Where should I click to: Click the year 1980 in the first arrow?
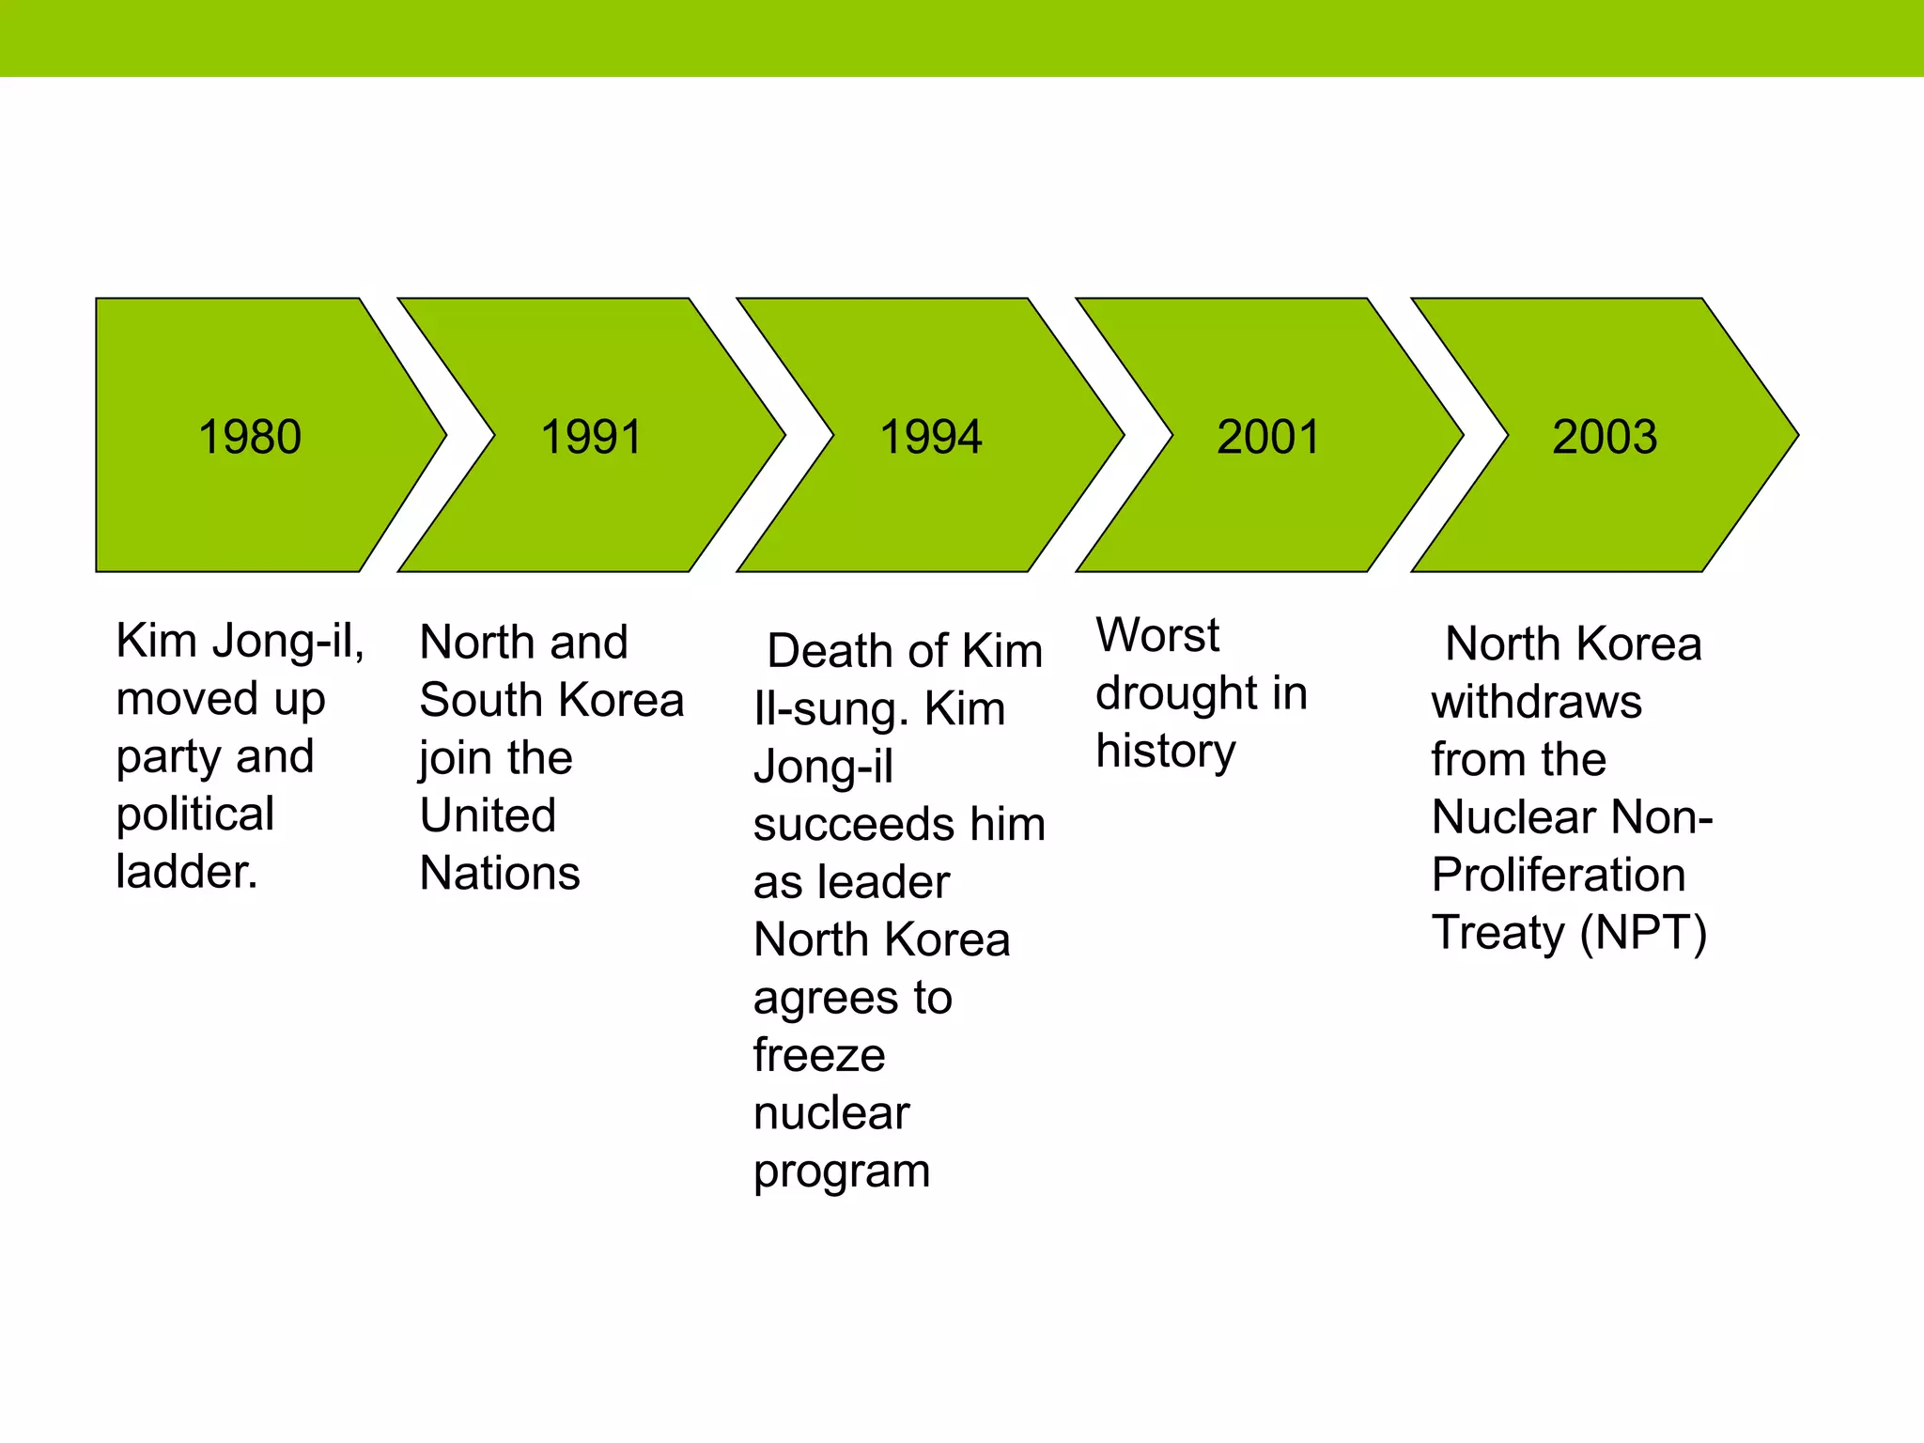click(250, 437)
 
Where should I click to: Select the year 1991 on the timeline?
click(592, 437)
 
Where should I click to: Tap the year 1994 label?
click(931, 437)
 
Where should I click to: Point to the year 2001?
click(1268, 437)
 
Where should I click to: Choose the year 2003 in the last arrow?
click(1605, 437)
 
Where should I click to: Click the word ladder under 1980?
click(186, 872)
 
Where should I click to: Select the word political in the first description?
click(195, 815)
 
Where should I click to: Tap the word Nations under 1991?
click(500, 873)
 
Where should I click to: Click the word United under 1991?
click(488, 815)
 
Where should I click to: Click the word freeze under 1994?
click(819, 1056)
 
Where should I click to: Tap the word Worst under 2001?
click(1157, 635)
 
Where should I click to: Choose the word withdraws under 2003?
click(1537, 702)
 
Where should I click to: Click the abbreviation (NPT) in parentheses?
click(1643, 933)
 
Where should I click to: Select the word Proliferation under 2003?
click(1559, 876)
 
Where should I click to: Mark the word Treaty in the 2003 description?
click(1497, 933)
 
